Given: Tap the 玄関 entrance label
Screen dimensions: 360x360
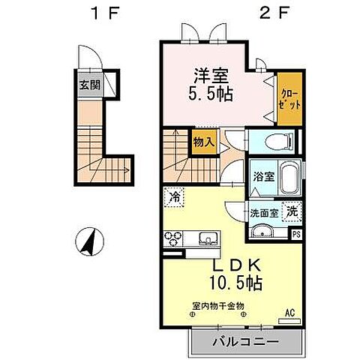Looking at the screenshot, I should (x=90, y=84).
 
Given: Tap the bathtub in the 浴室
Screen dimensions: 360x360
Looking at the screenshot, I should (x=288, y=180).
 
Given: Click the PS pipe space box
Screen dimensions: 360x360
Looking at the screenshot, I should (x=298, y=233).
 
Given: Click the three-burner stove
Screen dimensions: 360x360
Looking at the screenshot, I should (x=174, y=240).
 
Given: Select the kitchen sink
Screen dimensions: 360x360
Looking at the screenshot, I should (x=206, y=240).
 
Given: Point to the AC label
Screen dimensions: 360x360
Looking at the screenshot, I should (x=290, y=313).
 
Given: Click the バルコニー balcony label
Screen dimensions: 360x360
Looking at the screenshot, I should (x=243, y=341).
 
